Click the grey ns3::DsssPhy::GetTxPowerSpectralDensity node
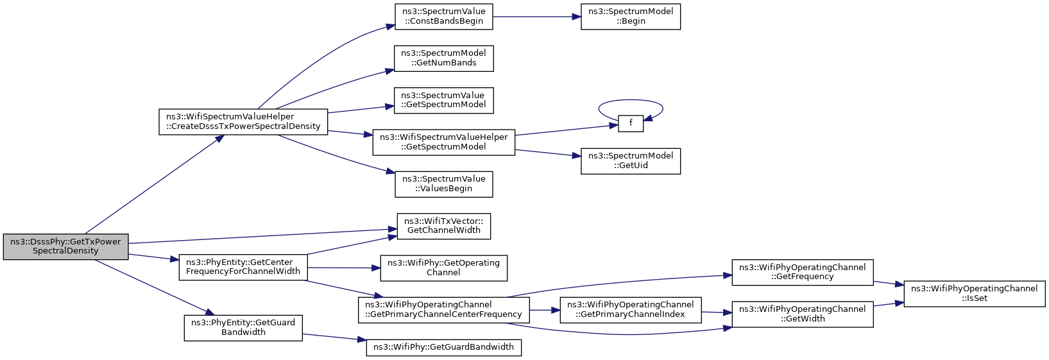(65, 246)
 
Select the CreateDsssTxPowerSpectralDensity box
(243, 122)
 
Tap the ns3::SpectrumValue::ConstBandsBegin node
(443, 17)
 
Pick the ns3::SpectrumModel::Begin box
(630, 17)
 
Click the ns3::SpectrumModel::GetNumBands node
(443, 58)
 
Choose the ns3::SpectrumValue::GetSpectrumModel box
(443, 100)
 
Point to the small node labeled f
(630, 123)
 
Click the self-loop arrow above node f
(630, 99)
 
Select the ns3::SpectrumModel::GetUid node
(630, 162)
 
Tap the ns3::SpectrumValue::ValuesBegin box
(443, 184)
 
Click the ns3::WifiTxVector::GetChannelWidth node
(443, 226)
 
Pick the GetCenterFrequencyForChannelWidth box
(243, 268)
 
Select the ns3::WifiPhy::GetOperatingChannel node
(443, 268)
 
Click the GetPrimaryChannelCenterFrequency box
(443, 310)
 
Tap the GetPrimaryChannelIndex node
(630, 310)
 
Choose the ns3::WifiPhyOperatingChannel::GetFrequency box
(802, 273)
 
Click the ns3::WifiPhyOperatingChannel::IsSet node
(974, 293)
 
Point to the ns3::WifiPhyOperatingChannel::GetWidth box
(802, 314)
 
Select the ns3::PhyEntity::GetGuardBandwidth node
(243, 328)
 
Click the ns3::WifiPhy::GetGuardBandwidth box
(443, 347)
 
